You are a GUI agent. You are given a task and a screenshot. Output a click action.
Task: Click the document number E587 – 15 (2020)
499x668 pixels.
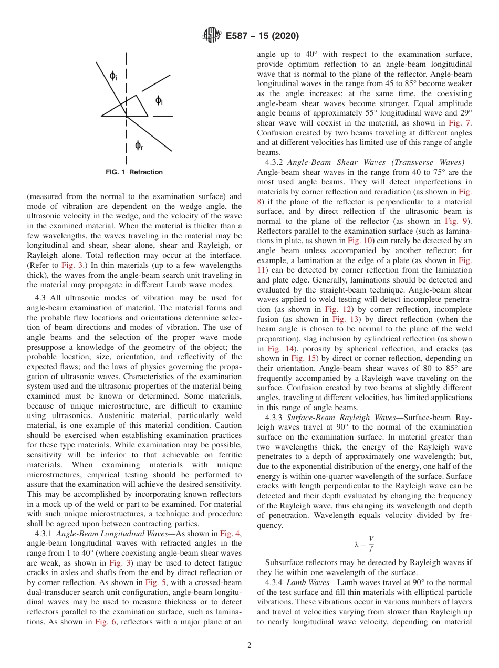(x=262, y=36)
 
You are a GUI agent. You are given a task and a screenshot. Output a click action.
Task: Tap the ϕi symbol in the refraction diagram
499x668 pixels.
(x=113, y=77)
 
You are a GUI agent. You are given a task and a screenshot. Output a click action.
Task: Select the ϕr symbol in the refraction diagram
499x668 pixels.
(x=139, y=145)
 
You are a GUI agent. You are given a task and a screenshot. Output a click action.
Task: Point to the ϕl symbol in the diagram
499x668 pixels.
(x=159, y=100)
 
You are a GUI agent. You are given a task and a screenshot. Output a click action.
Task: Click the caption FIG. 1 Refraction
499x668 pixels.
(x=134, y=172)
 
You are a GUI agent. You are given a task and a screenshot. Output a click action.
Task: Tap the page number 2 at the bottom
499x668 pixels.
(x=250, y=645)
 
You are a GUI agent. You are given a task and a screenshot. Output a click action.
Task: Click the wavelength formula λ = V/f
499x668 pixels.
(x=363, y=544)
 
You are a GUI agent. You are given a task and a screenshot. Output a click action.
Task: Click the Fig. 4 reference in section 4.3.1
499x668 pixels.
(x=230, y=534)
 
